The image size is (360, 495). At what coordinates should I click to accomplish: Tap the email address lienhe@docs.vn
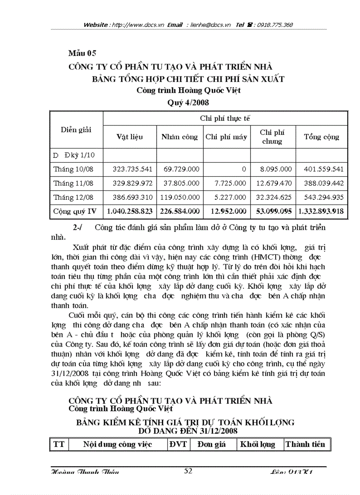211,25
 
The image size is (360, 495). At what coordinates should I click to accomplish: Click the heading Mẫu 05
82,54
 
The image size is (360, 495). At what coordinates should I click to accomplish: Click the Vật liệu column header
130,137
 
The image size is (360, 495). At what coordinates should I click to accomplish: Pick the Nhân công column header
180,137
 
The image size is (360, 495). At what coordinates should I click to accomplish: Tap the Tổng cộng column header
321,137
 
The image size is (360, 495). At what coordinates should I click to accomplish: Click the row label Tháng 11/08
74,183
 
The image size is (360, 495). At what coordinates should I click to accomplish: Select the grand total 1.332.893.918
321,212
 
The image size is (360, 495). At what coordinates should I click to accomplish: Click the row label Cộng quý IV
75,212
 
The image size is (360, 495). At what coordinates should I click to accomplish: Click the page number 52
188,471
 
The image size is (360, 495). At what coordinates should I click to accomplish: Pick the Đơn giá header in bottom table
211,444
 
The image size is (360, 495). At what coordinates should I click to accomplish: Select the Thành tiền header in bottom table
305,444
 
